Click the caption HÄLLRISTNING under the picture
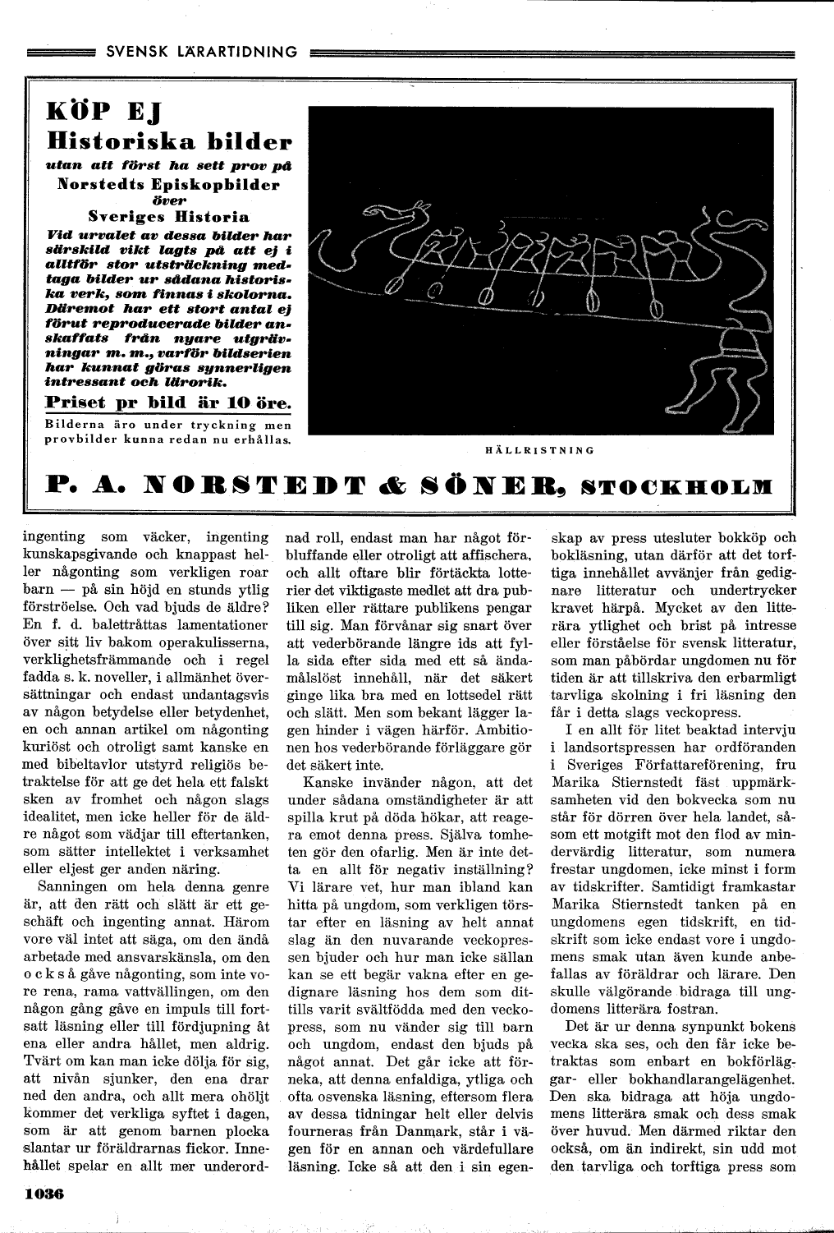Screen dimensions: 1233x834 538,449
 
